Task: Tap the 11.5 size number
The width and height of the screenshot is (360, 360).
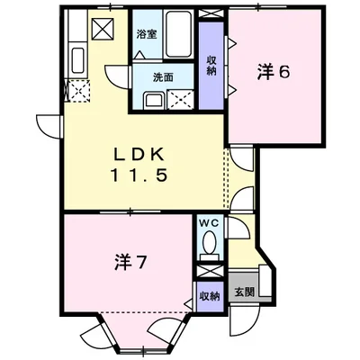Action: (139, 175)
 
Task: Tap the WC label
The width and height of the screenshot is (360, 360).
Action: (207, 221)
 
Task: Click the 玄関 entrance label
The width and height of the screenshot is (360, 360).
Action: (244, 292)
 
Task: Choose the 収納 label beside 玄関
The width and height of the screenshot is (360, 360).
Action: (208, 293)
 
